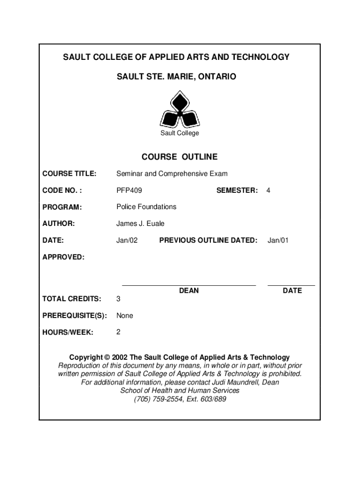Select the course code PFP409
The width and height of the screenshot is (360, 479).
pyautogui.click(x=130, y=190)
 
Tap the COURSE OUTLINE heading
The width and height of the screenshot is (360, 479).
pyautogui.click(x=180, y=157)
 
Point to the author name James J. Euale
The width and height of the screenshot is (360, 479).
pyautogui.click(x=140, y=224)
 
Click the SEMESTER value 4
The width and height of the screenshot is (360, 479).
pyautogui.click(x=268, y=190)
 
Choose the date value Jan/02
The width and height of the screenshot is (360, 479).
pyautogui.click(x=127, y=240)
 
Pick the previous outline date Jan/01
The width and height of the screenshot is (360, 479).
pyautogui.click(x=278, y=240)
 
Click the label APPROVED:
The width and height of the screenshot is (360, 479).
pyautogui.click(x=64, y=257)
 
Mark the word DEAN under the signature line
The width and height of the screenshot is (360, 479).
pyautogui.click(x=189, y=291)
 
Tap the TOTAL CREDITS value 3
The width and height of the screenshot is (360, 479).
pyautogui.click(x=119, y=299)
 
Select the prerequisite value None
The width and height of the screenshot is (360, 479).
pyautogui.click(x=125, y=316)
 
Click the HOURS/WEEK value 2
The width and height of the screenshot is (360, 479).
pyautogui.click(x=119, y=332)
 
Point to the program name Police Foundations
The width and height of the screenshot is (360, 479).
pyautogui.click(x=146, y=207)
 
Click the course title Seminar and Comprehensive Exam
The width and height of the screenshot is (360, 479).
pyautogui.click(x=172, y=174)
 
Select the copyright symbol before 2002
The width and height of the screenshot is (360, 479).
pyautogui.click(x=108, y=357)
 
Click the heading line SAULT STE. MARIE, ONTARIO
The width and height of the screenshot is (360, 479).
pyautogui.click(x=177, y=76)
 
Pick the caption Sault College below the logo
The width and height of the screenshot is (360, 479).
pyautogui.click(x=180, y=133)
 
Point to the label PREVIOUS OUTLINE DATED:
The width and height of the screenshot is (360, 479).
pyautogui.click(x=209, y=240)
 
